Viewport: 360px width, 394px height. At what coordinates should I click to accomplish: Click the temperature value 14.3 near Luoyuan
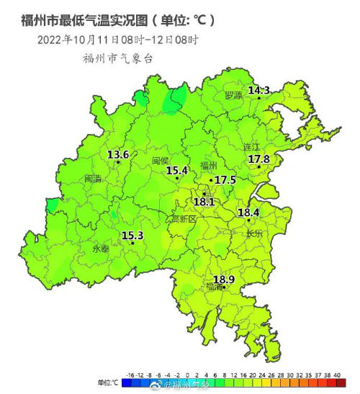(258, 91)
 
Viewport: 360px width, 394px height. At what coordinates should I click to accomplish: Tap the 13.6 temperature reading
(118, 155)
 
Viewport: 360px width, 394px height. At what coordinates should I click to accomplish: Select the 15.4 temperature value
(176, 171)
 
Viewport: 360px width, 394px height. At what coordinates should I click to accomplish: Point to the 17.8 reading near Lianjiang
(258, 159)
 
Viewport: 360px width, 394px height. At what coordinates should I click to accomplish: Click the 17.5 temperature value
(225, 179)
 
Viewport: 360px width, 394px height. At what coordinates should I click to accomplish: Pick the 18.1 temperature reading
(204, 202)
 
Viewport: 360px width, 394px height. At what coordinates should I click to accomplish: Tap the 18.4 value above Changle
(248, 213)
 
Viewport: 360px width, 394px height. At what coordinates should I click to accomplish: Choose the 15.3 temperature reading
(132, 236)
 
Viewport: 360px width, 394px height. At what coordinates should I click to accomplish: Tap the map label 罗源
(233, 95)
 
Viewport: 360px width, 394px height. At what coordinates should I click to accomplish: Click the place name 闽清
(94, 179)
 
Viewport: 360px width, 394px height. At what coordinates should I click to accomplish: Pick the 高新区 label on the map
(183, 218)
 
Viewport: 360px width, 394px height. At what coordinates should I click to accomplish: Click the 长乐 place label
(255, 233)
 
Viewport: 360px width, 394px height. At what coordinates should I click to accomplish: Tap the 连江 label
(251, 146)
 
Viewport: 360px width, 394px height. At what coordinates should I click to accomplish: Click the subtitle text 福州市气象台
(118, 58)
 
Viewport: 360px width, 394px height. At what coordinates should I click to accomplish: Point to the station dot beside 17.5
(211, 180)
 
